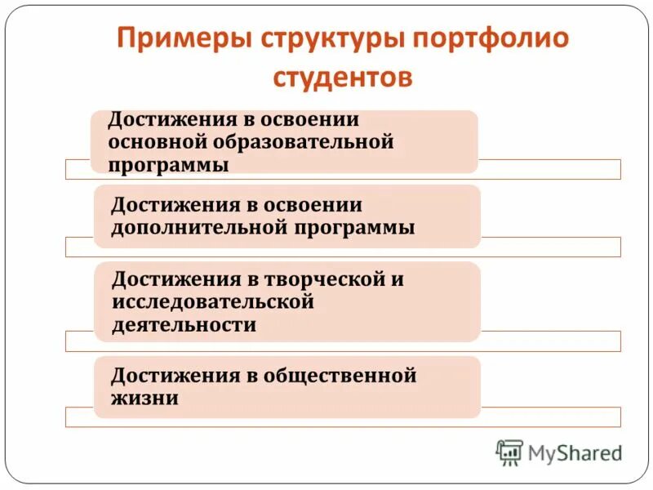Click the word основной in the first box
tap(158, 142)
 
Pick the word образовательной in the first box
tap(304, 142)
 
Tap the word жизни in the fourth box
tap(145, 399)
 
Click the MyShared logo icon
tap(509, 452)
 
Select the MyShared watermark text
tap(575, 452)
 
